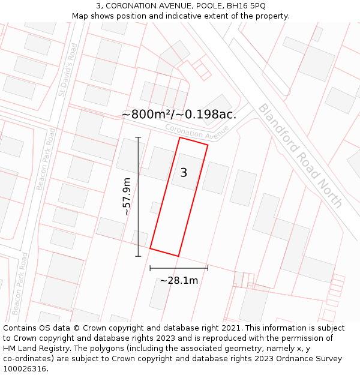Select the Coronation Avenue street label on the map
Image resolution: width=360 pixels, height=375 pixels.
(197, 129)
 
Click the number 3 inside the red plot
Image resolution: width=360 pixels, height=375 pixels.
(184, 173)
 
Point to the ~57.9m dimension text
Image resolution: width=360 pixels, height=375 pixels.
(126, 197)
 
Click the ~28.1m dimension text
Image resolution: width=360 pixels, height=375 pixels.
(179, 280)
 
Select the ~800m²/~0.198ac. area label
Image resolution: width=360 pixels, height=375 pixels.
(179, 114)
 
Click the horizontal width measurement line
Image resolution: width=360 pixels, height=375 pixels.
(179, 268)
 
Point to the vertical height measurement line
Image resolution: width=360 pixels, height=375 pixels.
(138, 197)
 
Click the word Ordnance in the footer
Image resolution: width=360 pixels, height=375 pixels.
(289, 359)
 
